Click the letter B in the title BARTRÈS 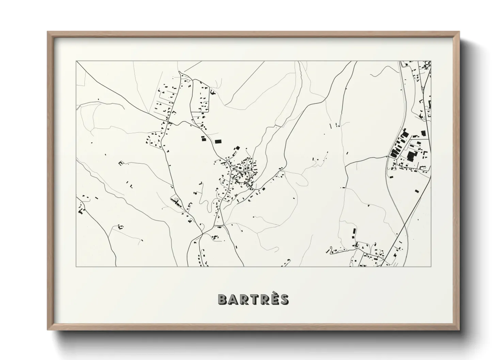pyautogui.click(x=222, y=299)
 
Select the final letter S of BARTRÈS pyautogui.click(x=284, y=299)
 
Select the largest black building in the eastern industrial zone pyautogui.click(x=411, y=157)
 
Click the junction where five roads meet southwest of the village pyautogui.click(x=202, y=233)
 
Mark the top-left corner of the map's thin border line pyautogui.click(x=76, y=61)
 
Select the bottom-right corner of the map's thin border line pyautogui.click(x=431, y=266)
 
